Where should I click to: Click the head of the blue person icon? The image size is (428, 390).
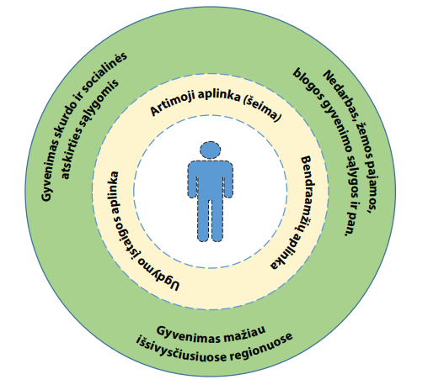[210, 150]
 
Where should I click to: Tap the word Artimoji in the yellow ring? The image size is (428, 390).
[172, 104]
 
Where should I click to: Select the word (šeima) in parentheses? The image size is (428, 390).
[262, 109]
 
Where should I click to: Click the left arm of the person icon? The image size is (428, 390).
[193, 179]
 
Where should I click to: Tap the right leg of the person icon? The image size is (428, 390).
[217, 220]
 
